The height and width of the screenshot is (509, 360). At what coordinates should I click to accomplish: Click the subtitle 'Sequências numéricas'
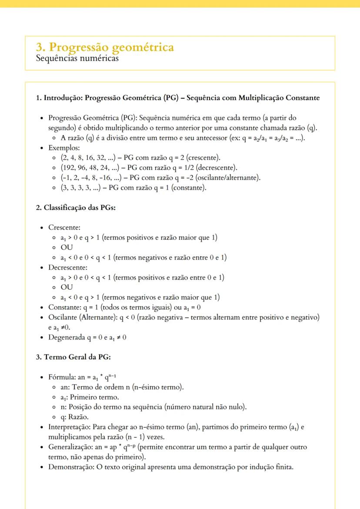point(77,57)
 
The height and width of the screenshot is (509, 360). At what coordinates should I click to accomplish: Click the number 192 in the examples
point(69,167)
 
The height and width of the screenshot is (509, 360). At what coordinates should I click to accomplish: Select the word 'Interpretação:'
point(70,427)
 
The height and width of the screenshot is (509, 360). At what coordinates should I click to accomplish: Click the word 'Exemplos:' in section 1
point(61,148)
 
